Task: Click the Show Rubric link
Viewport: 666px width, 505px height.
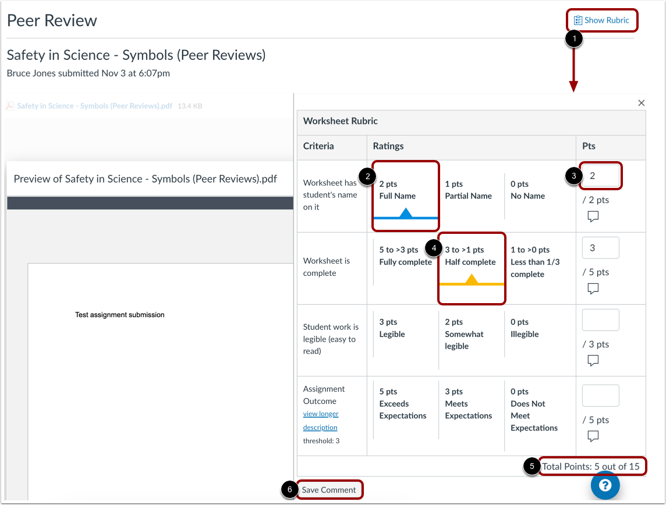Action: (x=601, y=20)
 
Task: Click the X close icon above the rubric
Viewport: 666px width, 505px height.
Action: (x=642, y=103)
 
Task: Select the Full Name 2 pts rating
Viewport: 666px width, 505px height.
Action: (x=406, y=195)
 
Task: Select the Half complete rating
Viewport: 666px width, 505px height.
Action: (x=472, y=268)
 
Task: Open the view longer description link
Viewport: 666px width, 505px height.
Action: (x=321, y=420)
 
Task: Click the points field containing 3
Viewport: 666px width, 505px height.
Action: (x=601, y=248)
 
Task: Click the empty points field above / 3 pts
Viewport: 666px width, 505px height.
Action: (x=601, y=320)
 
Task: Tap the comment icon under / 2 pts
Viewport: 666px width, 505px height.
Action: (x=593, y=216)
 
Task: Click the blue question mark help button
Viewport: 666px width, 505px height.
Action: (x=605, y=485)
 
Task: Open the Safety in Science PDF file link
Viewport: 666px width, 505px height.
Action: (x=94, y=106)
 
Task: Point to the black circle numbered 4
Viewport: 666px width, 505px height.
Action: (x=434, y=248)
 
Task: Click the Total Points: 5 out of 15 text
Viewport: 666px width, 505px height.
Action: (x=591, y=467)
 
